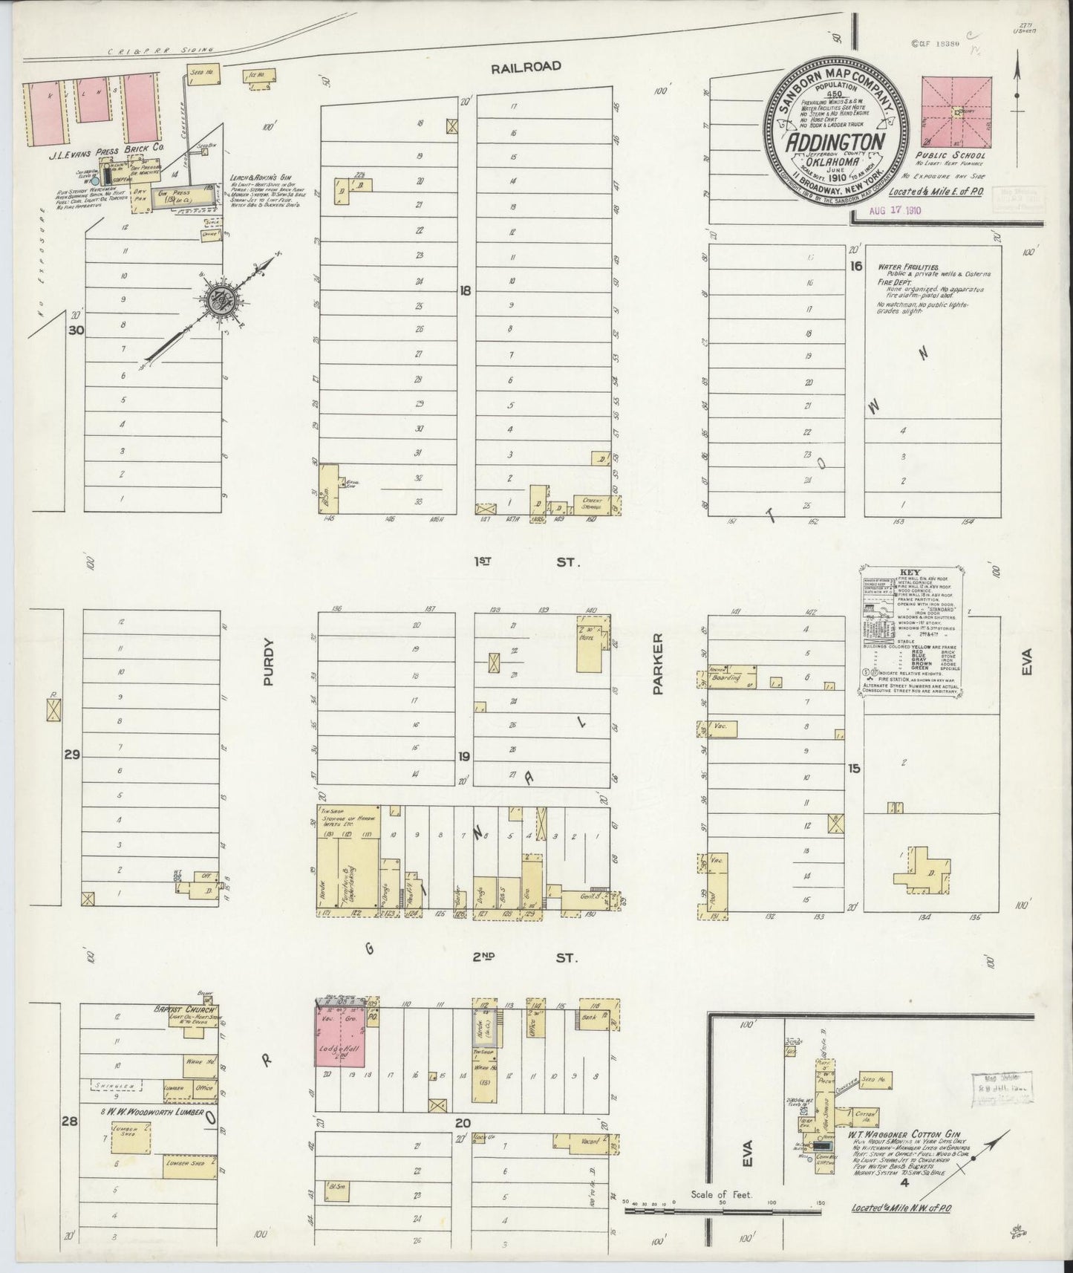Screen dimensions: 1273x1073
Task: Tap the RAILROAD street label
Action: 526,67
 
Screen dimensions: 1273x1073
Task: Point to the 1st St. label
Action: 526,563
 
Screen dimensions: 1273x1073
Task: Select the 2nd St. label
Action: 526,958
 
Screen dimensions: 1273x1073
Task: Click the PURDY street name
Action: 268,662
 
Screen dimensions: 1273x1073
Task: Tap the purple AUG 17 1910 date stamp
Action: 895,210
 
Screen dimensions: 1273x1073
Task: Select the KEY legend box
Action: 913,631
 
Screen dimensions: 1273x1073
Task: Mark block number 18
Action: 466,291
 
